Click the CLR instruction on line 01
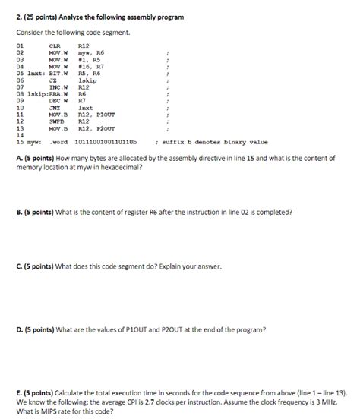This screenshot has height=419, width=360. click(x=53, y=46)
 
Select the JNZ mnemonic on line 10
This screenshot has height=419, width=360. click(x=53, y=107)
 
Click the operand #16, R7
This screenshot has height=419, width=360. click(x=90, y=67)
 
